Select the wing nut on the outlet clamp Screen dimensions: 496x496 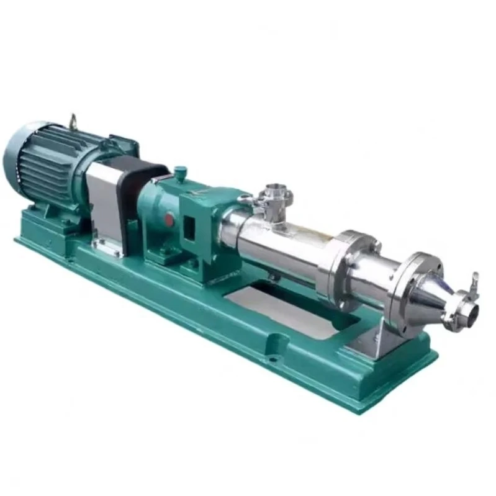(x=474, y=280)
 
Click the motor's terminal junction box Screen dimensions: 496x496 (x=121, y=146)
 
